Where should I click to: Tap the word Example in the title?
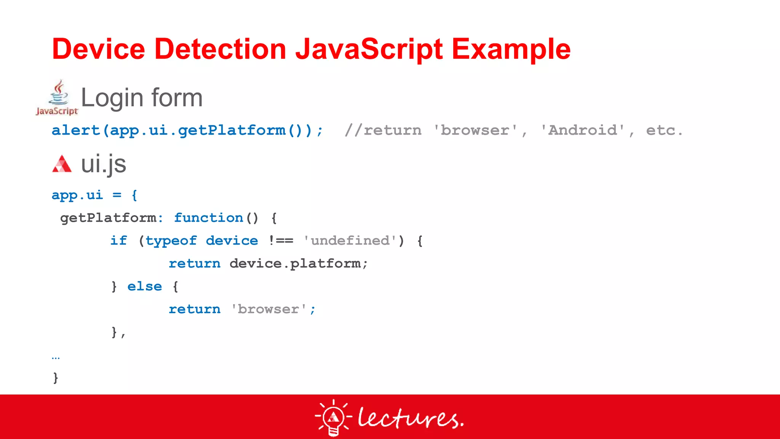click(511, 49)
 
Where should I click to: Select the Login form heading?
click(142, 98)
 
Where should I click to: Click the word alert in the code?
click(75, 130)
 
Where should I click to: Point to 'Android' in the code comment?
click(583, 130)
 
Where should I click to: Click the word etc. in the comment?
click(664, 130)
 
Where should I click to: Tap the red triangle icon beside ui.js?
click(62, 164)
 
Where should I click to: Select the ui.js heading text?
click(104, 164)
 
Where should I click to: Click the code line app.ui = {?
click(94, 195)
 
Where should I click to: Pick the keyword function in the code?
click(209, 218)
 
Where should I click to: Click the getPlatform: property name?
click(112, 218)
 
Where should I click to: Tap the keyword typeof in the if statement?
click(171, 241)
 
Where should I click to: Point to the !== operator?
click(281, 241)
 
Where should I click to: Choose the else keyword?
click(144, 287)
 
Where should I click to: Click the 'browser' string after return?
click(269, 309)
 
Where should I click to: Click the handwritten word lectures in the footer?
click(410, 418)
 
